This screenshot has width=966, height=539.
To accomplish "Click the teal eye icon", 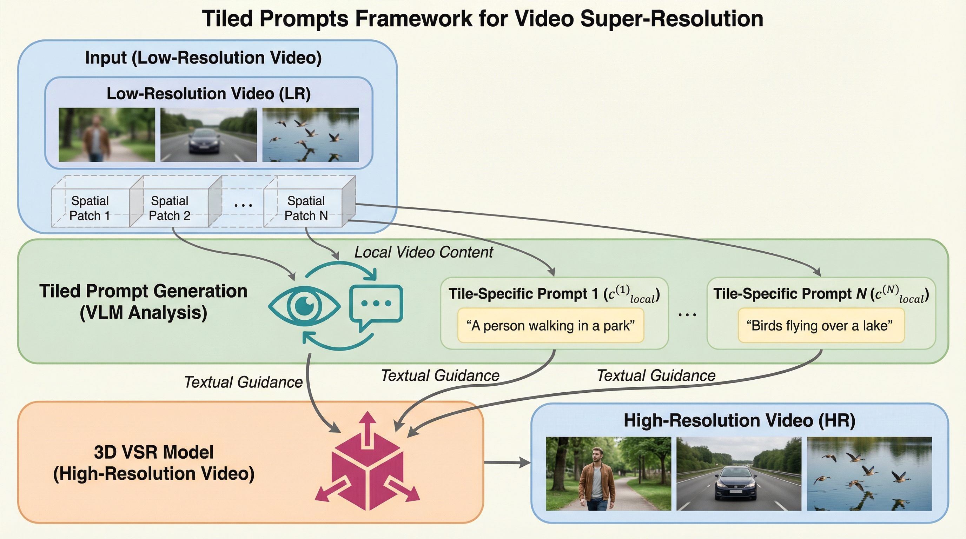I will [304, 306].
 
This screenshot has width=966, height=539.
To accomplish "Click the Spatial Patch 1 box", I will [90, 208].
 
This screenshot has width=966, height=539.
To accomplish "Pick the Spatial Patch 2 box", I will [170, 208].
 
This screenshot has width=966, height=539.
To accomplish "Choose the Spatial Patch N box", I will [306, 208].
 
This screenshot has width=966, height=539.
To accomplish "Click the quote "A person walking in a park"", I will [550, 325].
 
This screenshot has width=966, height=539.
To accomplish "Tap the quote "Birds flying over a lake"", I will [821, 325].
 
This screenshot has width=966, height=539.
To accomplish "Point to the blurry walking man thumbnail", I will [106, 135].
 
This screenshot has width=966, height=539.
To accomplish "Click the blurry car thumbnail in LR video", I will [209, 135].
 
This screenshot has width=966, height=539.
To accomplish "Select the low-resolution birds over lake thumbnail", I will [310, 135].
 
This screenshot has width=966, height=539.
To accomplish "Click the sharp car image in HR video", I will [739, 473].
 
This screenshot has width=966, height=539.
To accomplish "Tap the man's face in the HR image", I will [597, 454].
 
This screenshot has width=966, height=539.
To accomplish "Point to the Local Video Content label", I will [423, 252].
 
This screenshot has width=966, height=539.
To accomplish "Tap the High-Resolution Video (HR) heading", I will [739, 420].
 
